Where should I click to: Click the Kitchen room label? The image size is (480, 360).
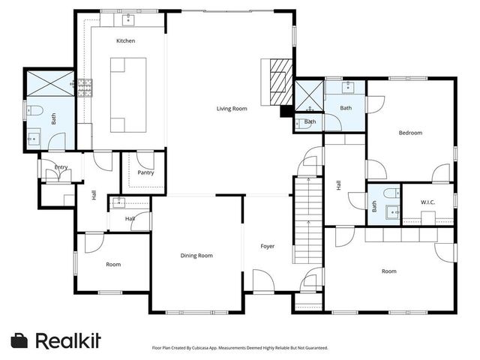tap(125, 40)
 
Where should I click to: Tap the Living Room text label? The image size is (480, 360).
tap(232, 109)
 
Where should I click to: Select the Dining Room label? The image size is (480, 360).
tap(196, 256)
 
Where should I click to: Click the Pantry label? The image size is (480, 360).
tap(145, 172)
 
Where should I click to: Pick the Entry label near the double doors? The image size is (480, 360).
tap(61, 167)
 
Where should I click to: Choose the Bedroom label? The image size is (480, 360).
tap(410, 133)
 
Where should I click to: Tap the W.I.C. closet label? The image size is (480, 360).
tap(428, 202)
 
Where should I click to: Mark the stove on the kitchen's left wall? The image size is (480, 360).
tap(85, 88)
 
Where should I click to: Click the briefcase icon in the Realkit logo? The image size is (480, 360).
tap(20, 340)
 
